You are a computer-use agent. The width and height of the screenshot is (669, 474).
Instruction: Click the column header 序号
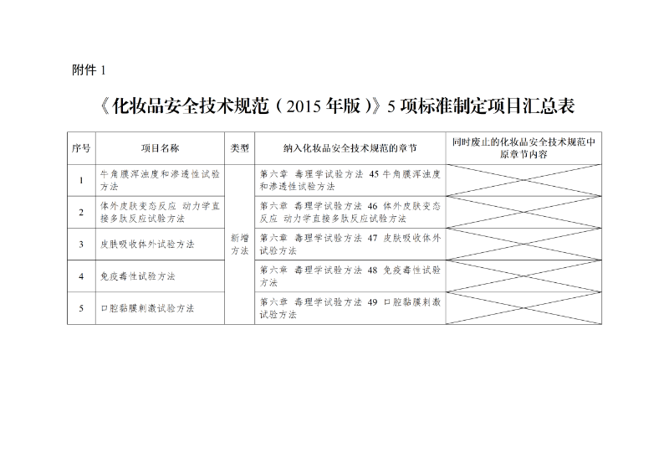[x=81, y=147]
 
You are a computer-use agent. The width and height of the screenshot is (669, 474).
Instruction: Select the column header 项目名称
[x=160, y=147]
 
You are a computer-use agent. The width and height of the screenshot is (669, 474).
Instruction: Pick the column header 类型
[x=240, y=147]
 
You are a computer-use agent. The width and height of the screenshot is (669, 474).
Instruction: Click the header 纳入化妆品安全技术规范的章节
[x=350, y=147]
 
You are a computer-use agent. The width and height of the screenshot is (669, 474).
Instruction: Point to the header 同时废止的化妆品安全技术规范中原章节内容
[x=523, y=147]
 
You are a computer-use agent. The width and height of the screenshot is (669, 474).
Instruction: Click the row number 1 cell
[x=81, y=180]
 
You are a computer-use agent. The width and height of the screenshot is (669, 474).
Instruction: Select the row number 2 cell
[x=81, y=212]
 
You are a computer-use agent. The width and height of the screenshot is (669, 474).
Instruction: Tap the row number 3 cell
[x=81, y=244]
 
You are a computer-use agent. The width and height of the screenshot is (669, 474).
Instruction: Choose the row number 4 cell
[x=81, y=276]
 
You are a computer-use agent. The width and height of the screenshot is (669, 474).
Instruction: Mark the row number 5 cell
[x=81, y=307]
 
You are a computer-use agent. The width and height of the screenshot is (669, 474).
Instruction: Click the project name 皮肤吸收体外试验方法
[x=147, y=244]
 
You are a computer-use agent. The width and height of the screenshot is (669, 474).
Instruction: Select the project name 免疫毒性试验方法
[x=139, y=276]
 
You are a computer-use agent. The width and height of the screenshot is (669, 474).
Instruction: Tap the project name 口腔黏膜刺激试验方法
[x=147, y=307]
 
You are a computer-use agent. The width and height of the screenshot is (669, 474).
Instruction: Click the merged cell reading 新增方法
[x=240, y=244]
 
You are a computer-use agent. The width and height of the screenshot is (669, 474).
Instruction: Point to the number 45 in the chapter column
[x=375, y=173]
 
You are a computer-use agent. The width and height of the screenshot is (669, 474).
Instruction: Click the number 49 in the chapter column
[x=372, y=301]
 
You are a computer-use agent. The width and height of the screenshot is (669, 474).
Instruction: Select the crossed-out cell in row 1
[x=523, y=180]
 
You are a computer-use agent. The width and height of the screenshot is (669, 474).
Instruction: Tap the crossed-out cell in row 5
[x=523, y=307]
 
